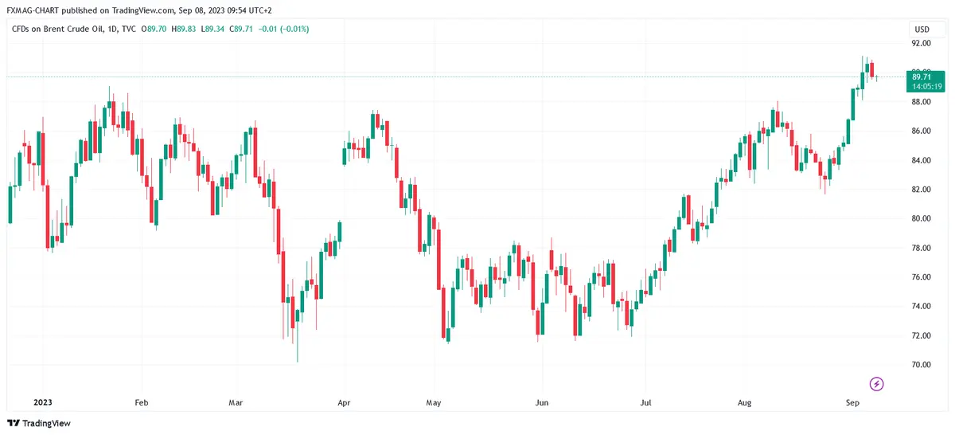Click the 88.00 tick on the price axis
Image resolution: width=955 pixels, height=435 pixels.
click(922, 102)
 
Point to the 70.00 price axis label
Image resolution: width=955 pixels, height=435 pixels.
click(922, 365)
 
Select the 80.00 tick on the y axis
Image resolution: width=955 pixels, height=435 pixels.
click(922, 218)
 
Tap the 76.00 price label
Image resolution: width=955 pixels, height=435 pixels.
click(922, 277)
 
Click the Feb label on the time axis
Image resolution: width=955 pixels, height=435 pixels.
click(142, 403)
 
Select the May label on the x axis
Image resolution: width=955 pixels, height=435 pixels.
click(433, 403)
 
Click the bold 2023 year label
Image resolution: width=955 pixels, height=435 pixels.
click(39, 403)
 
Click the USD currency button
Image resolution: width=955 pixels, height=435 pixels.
click(922, 29)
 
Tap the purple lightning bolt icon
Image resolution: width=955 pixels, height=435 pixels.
click(876, 384)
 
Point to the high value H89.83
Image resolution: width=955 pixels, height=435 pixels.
click(185, 29)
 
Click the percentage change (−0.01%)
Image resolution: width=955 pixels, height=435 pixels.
click(292, 29)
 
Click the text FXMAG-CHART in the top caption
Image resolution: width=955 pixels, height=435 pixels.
click(31, 11)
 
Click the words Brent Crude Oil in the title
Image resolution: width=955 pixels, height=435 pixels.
click(74, 29)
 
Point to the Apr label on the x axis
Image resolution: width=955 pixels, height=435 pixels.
click(344, 403)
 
